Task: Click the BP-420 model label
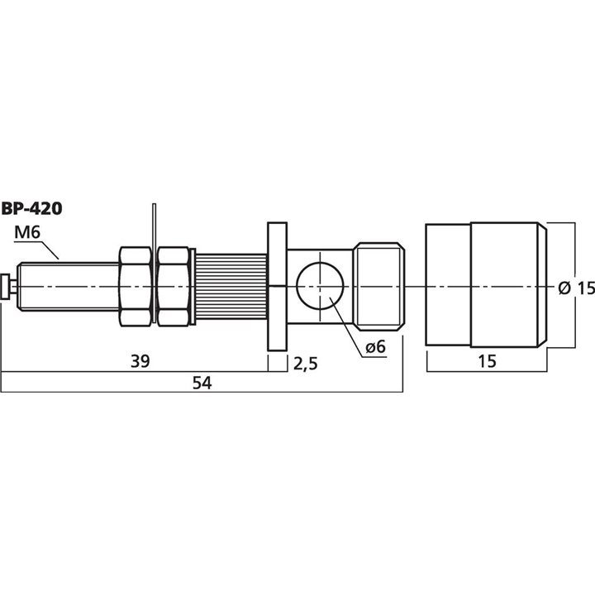[31, 208]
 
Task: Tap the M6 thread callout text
[27, 232]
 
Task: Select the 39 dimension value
[140, 361]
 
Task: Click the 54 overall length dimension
[202, 383]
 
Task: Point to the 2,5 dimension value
[306, 364]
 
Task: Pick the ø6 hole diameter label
[375, 347]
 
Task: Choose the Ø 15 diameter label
[577, 288]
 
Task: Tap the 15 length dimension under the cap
[487, 361]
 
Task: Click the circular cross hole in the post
[321, 286]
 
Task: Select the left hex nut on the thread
[136, 287]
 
